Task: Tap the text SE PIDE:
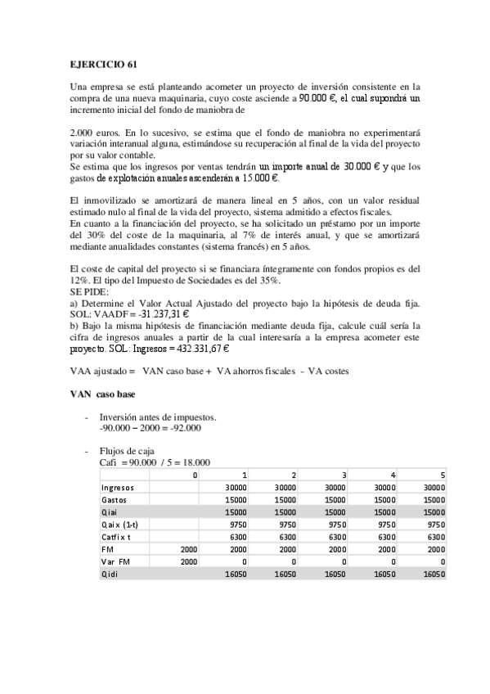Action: (88, 290)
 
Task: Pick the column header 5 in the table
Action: (443, 475)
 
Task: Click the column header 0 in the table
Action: (195, 475)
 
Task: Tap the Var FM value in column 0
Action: (188, 563)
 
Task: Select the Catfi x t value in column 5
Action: (436, 537)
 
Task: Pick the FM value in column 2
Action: (285, 550)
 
